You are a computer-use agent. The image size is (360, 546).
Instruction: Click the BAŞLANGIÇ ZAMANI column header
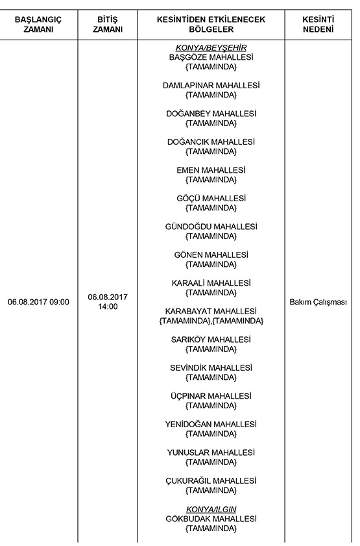pos(38,25)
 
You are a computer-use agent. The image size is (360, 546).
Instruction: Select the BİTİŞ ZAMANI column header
pos(107,25)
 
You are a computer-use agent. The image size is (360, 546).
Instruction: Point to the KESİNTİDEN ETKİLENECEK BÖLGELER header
pos(211,25)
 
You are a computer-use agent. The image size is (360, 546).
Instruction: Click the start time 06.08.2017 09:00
pos(38,302)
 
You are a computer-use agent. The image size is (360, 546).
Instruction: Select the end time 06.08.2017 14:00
pos(107,301)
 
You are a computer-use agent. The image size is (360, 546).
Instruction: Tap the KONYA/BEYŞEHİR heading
pos(211,48)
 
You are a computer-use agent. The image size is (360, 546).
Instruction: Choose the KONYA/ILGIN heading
pos(211,509)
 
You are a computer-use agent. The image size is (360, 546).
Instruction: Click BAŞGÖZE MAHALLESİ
pos(211,57)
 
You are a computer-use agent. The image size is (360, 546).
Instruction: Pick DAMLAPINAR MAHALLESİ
pos(211,85)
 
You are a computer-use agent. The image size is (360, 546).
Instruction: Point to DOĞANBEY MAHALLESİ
pos(211,114)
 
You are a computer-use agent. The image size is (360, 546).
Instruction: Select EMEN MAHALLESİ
pos(211,170)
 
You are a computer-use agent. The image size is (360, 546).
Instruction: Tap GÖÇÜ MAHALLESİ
pos(211,198)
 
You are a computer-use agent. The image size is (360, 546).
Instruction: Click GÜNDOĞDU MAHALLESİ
pos(211,227)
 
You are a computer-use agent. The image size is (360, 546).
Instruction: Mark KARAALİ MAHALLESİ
pos(211,283)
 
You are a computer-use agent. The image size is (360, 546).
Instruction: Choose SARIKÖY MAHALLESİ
pos(211,340)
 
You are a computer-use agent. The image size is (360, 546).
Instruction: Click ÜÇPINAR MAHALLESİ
pos(211,396)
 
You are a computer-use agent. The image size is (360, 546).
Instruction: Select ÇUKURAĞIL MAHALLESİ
pos(211,480)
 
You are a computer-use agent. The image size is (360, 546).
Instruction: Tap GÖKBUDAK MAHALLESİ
pos(211,519)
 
